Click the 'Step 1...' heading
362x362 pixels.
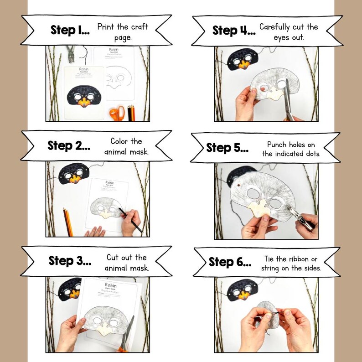[69, 31]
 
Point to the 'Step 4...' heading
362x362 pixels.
[233, 31]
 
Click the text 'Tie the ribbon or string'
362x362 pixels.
[291, 264]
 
